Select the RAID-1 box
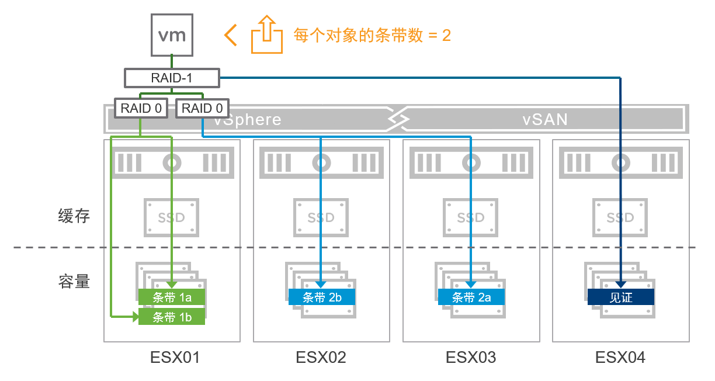[x=172, y=78]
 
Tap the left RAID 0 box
[x=141, y=108]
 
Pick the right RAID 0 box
[x=202, y=108]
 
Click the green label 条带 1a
[x=172, y=297]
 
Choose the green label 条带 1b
[x=172, y=317]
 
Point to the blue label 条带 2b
[x=322, y=297]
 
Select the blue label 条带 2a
[x=471, y=297]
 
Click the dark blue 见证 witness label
[x=620, y=297]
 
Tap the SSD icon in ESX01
[x=172, y=217]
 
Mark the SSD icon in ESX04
[x=620, y=217]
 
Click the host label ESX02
[x=321, y=357]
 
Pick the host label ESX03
[x=471, y=357]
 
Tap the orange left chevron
[x=231, y=35]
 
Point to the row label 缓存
[x=74, y=216]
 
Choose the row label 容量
[x=74, y=282]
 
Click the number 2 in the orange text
[x=446, y=35]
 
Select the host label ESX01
[x=171, y=357]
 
